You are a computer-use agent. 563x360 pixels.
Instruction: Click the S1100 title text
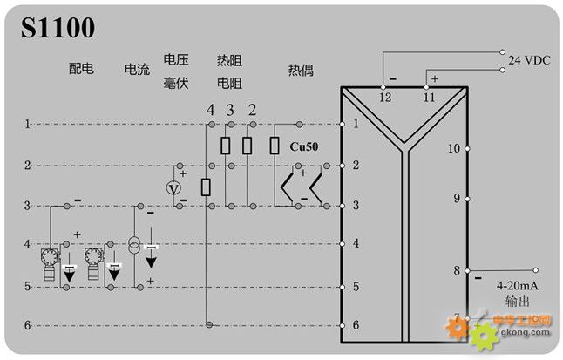pos(58,28)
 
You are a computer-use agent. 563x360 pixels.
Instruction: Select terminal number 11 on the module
pos(428,98)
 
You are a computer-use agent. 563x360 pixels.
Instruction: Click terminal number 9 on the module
pos(456,198)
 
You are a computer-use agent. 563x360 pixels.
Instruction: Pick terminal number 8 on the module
pos(456,270)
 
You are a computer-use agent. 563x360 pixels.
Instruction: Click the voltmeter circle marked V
pos(173,189)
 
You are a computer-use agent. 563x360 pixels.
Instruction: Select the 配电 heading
pos(81,67)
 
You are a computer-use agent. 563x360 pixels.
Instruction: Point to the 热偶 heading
pos(301,67)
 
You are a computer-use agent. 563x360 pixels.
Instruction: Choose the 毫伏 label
pos(176,83)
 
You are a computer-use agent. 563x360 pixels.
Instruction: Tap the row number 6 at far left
pos(27,325)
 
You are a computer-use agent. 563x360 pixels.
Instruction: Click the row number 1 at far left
pos(27,125)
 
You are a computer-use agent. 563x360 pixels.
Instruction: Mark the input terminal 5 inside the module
pos(356,285)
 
